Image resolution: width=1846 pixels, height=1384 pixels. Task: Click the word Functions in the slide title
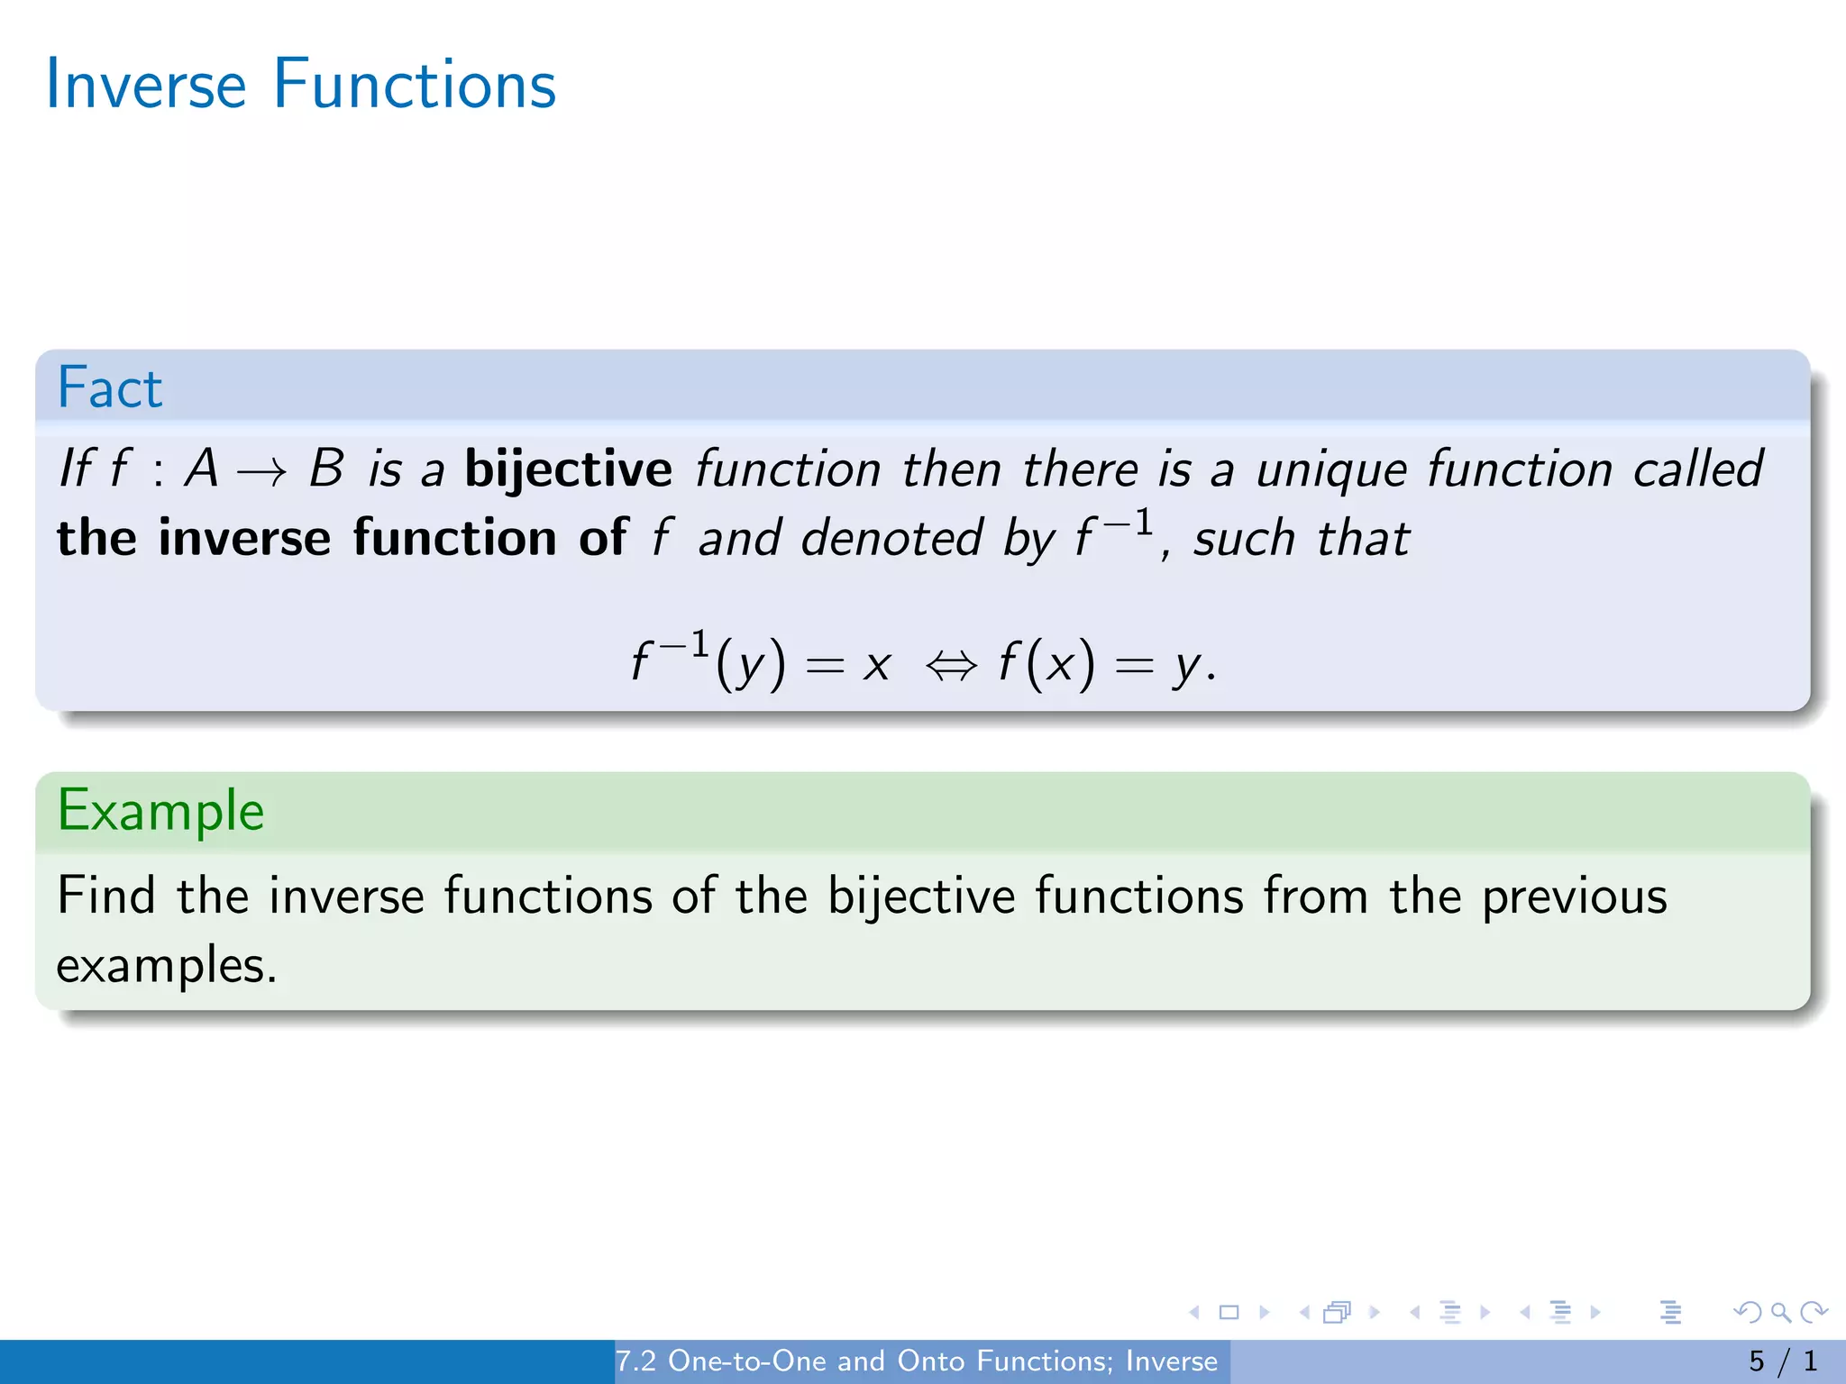click(415, 85)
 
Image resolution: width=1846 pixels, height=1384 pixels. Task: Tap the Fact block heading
click(110, 388)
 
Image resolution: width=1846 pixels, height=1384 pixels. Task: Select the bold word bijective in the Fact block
click(568, 469)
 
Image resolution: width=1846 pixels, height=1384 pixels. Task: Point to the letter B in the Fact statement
click(326, 469)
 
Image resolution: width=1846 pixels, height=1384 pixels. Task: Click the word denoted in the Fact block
click(891, 539)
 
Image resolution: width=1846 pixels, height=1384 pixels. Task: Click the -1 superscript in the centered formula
click(684, 645)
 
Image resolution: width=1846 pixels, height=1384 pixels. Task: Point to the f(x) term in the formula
click(1046, 665)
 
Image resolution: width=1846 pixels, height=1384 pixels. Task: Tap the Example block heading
click(160, 811)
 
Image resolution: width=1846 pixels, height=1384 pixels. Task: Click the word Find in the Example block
click(106, 896)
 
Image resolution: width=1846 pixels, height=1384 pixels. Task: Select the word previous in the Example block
click(1574, 897)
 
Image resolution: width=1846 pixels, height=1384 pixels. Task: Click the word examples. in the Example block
click(167, 966)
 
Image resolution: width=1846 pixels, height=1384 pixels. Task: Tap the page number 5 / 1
click(1783, 1361)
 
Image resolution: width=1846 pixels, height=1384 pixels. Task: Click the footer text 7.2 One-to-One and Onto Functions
click(916, 1361)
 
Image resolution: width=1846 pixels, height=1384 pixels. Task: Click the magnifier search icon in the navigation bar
click(1780, 1312)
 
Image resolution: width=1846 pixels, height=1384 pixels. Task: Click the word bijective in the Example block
click(920, 897)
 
